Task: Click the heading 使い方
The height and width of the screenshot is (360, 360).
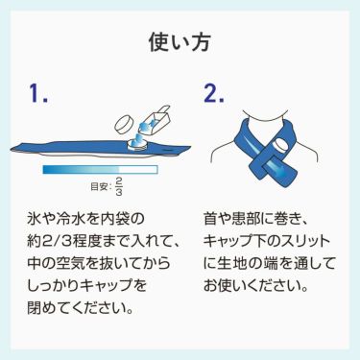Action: pyautogui.click(x=180, y=41)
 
